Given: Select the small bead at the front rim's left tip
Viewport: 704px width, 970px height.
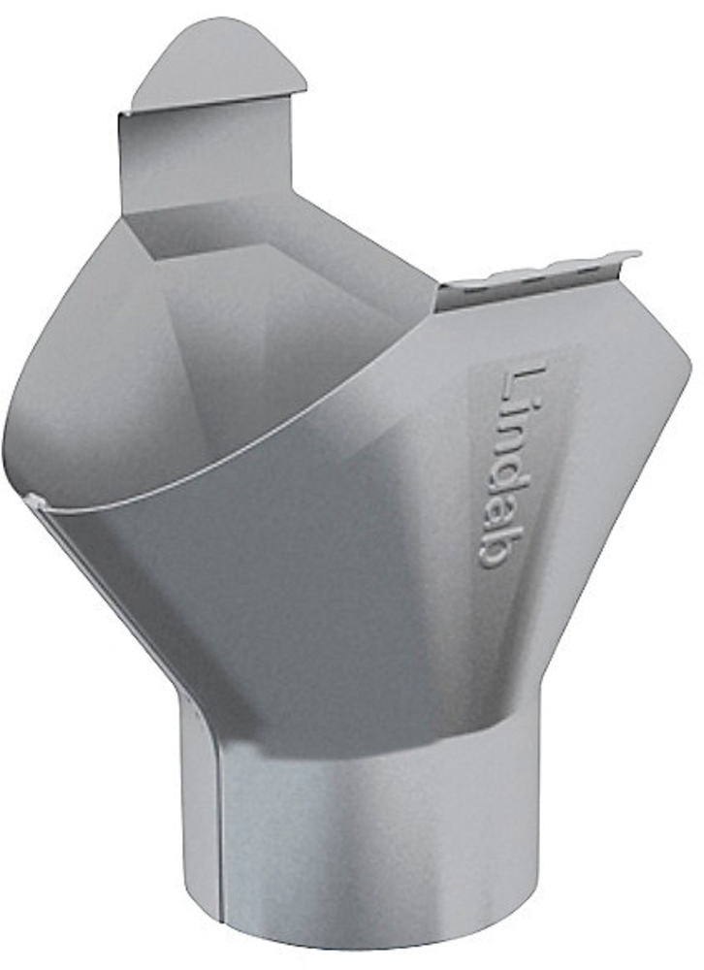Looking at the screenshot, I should point(35,500).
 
